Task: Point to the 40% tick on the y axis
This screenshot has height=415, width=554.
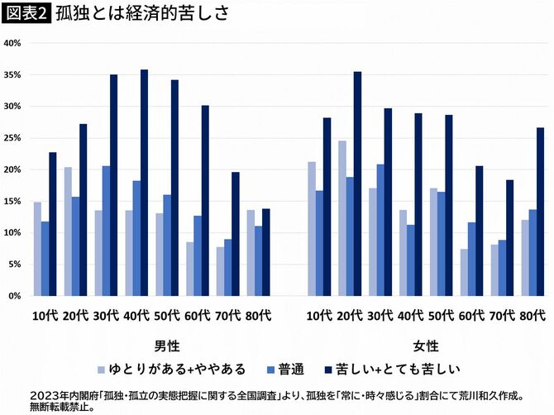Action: coord(13,43)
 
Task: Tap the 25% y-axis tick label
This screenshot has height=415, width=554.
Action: coord(13,138)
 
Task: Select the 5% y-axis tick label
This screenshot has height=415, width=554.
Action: coord(15,265)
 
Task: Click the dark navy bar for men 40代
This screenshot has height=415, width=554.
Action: coord(145,183)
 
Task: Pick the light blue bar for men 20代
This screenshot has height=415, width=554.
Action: coord(68,231)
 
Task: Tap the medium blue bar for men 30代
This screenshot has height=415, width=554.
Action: coord(106,231)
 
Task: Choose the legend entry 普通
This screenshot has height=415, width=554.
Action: coord(289,366)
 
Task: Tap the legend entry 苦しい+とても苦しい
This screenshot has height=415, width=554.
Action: coord(402,366)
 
